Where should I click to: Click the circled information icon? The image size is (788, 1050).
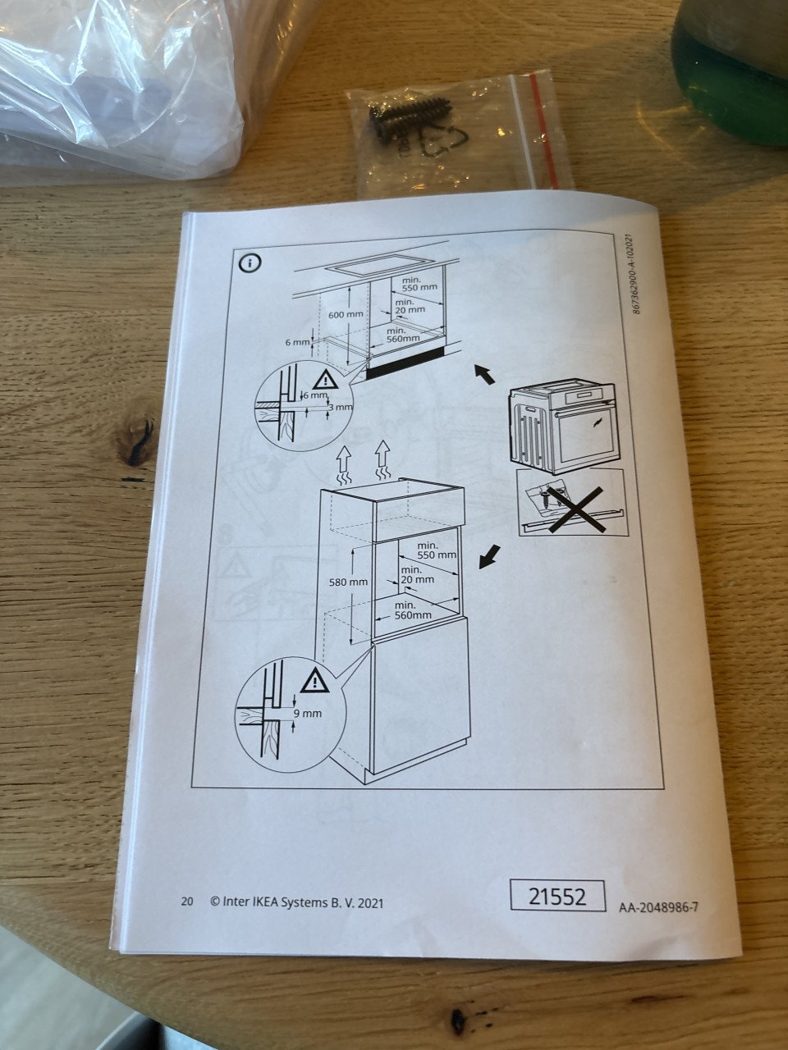(250, 262)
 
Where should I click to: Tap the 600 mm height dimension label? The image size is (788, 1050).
(346, 315)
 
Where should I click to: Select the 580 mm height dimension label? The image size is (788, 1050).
(349, 582)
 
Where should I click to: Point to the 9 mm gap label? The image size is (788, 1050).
(308, 713)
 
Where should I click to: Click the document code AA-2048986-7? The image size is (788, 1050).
(658, 907)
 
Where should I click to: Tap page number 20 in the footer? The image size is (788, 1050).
(186, 902)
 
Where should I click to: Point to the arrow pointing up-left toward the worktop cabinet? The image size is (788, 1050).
(484, 373)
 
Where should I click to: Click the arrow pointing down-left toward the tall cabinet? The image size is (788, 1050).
(490, 557)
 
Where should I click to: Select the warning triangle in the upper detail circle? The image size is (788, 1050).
(325, 379)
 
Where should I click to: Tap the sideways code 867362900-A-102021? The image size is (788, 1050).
(633, 274)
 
